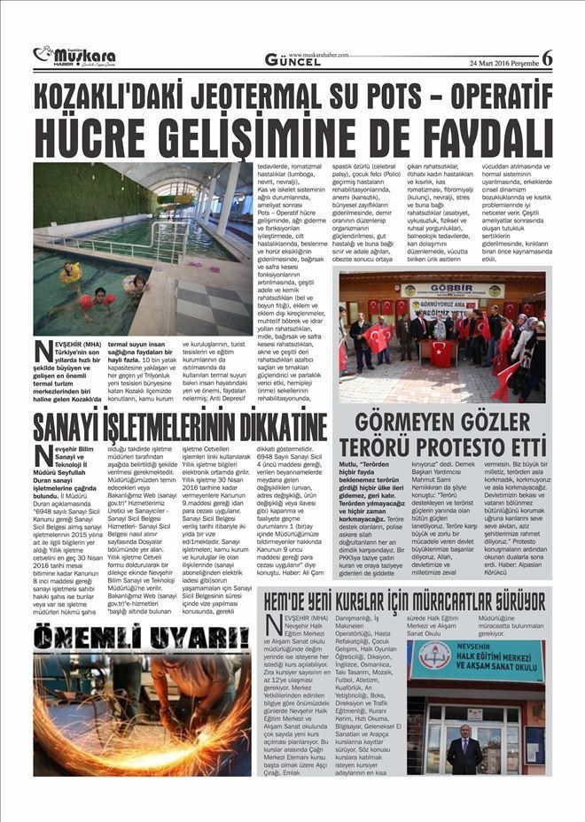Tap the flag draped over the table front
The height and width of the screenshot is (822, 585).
click(x=438, y=349)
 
